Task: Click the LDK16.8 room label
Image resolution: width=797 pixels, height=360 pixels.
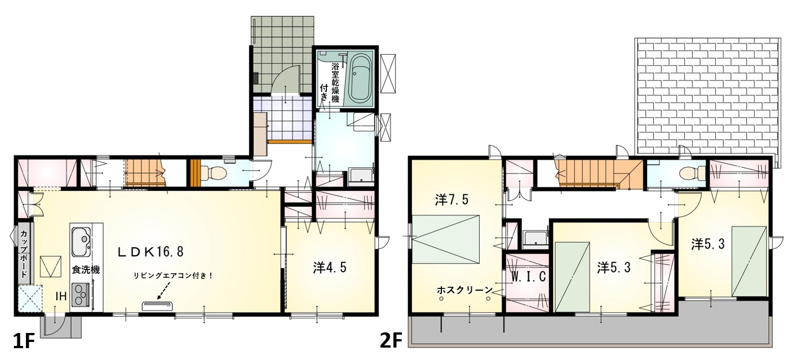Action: point(151,252)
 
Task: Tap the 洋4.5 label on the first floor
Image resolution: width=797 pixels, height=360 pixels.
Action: point(330,268)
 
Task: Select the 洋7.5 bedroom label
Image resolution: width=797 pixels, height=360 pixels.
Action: point(451,200)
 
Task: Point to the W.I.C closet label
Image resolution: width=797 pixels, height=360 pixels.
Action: point(529,277)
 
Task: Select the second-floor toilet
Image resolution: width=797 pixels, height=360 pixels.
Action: point(692,174)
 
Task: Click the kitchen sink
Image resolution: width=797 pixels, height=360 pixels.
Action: point(81,242)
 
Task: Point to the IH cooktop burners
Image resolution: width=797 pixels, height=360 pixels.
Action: point(81,294)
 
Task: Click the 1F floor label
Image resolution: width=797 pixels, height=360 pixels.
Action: point(24,342)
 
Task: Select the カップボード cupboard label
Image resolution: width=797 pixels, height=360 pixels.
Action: point(24,254)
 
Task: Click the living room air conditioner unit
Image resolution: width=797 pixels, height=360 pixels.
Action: point(157,305)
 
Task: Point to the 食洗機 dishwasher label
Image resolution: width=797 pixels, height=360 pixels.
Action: point(86,270)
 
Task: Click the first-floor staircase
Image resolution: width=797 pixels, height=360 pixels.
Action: point(144,173)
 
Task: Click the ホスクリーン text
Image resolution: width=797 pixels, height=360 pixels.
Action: point(464,290)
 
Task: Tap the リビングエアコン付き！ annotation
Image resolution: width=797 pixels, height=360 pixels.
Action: point(174,275)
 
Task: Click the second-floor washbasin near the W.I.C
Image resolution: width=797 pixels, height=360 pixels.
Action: point(535,238)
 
